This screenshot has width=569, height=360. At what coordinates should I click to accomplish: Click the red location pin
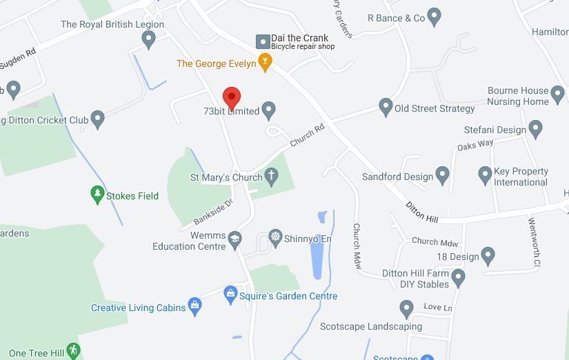pos(232,98)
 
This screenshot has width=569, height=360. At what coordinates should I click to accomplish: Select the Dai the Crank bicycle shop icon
pos(263,42)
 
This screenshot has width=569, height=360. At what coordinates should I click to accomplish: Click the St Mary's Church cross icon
pos(272,177)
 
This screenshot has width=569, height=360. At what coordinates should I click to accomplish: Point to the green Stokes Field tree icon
pos(97,195)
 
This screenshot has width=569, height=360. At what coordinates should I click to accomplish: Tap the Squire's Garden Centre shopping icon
pos(231,296)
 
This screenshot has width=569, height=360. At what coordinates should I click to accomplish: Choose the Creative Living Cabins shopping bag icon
pos(195,307)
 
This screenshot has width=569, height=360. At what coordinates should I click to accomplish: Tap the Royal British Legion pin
pos(148,40)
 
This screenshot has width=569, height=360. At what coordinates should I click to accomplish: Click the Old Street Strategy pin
pos(386,107)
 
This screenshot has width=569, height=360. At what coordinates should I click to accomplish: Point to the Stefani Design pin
pos(535,129)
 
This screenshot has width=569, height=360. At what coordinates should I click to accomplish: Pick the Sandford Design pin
pos(442,176)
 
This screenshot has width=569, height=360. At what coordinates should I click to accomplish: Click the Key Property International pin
pos(485,175)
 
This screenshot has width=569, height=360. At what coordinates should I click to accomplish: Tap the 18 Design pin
pos(488,256)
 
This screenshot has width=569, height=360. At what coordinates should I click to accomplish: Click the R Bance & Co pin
pos(434,17)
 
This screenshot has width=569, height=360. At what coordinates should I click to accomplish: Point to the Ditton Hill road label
pos(422,212)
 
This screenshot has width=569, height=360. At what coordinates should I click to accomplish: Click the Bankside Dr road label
pos(214,212)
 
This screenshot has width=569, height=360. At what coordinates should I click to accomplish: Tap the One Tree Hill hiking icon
pos(74,352)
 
